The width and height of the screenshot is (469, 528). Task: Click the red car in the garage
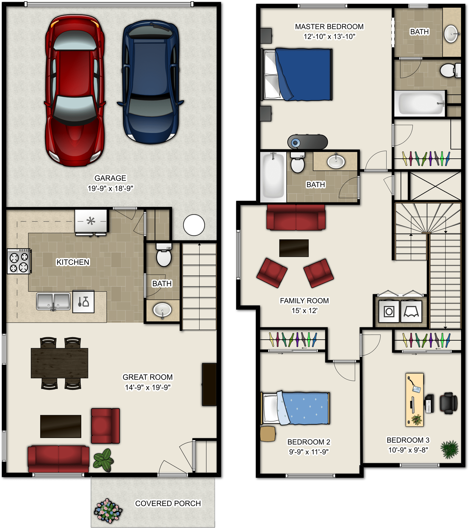[75, 90]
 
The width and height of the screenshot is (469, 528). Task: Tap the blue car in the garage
[151, 82]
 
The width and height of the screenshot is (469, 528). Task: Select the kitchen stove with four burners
[19, 261]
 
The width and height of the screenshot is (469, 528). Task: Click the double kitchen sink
[53, 301]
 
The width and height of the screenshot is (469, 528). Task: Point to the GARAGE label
[110, 178]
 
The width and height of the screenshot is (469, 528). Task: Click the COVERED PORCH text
[168, 503]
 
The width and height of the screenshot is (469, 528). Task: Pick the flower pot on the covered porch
[108, 511]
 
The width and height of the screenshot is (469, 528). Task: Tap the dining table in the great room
[60, 363]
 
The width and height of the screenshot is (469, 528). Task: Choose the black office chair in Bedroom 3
[448, 403]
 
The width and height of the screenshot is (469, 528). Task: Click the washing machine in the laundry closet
[389, 312]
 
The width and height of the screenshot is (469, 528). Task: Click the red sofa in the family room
[296, 217]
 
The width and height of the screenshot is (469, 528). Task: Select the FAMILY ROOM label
[304, 301]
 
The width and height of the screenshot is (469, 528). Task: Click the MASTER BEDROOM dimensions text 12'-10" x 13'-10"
[329, 37]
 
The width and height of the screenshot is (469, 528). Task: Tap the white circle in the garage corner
[194, 225]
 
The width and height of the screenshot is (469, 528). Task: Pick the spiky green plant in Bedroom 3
[449, 449]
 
